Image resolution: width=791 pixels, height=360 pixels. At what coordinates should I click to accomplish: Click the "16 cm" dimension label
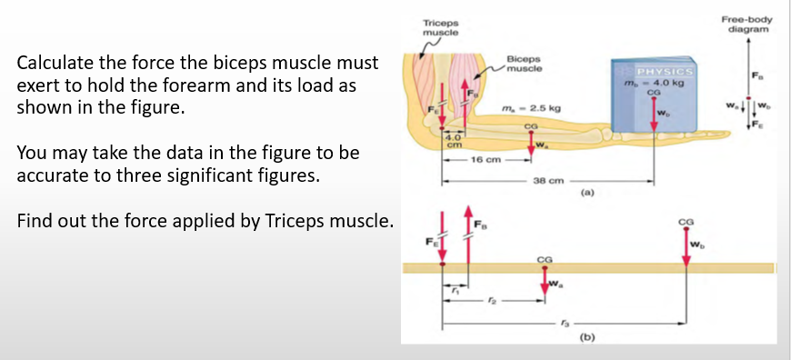tap(484, 160)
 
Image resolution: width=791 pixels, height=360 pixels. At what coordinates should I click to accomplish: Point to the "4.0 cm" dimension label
tap(451, 142)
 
